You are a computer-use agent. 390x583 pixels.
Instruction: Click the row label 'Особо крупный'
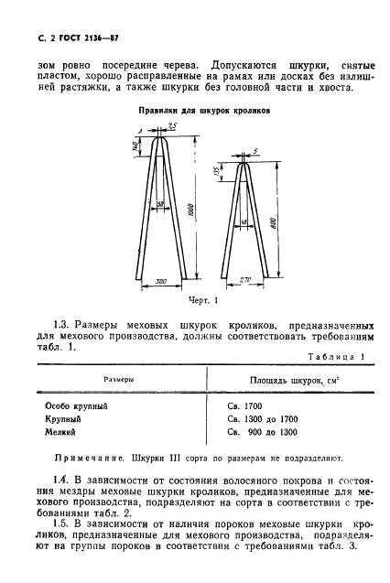coord(77,404)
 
